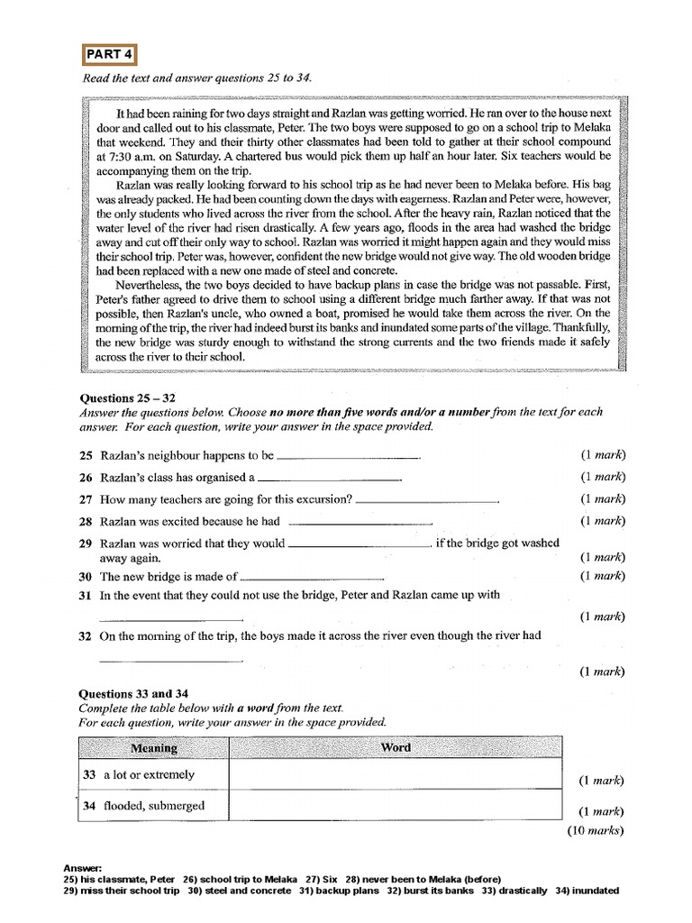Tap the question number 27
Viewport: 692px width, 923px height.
[x=86, y=499]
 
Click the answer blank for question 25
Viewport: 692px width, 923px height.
[x=351, y=458]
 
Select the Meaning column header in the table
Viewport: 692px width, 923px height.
[x=154, y=748]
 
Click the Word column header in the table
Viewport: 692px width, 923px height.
[x=396, y=748]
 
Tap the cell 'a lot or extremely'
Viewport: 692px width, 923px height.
[x=148, y=775]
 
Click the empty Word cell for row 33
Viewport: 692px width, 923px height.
[x=396, y=775]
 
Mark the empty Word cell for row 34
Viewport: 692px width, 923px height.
[x=396, y=806]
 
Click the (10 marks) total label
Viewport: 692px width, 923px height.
[x=596, y=831]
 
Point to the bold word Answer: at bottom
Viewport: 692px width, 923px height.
[x=83, y=867]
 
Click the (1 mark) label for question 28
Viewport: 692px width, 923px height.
[x=603, y=520]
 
